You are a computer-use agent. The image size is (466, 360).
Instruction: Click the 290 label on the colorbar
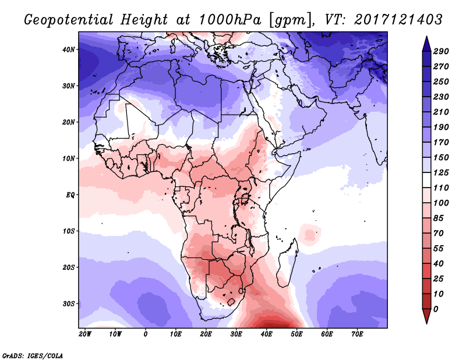pyautogui.click(x=441, y=51)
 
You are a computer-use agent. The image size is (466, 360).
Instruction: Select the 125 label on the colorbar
pyautogui.click(x=441, y=174)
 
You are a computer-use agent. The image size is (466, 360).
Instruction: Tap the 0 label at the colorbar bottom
pyautogui.click(x=436, y=308)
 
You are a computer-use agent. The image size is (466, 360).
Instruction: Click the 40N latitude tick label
pyautogui.click(x=69, y=50)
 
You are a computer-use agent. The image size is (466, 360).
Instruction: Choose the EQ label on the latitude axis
pyautogui.click(x=70, y=195)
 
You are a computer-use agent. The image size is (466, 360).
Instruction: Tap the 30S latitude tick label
pyautogui.click(x=69, y=303)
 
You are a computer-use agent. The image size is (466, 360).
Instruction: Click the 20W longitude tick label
pyautogui.click(x=85, y=334)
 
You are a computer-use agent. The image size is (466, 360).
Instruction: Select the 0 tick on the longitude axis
pyautogui.click(x=146, y=334)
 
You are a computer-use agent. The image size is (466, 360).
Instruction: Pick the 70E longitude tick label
pyautogui.click(x=357, y=334)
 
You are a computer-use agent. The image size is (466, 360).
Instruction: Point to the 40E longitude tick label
pyautogui.click(x=266, y=334)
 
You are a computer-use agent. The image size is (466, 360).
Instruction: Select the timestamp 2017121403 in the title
pyautogui.click(x=387, y=19)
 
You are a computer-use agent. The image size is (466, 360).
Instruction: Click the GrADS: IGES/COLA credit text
pyautogui.click(x=33, y=355)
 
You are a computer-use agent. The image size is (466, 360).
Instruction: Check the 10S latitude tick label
pyautogui.click(x=69, y=231)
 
